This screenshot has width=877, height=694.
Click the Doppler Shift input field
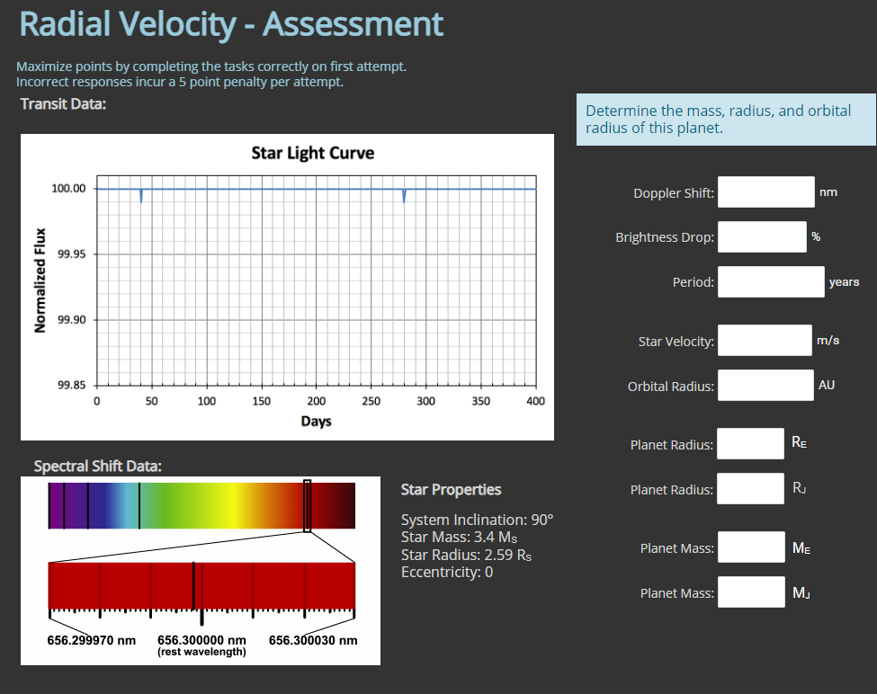pyautogui.click(x=765, y=192)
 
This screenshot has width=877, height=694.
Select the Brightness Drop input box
pyautogui.click(x=762, y=237)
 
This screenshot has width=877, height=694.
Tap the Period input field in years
pyautogui.click(x=771, y=281)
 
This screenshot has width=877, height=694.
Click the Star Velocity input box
pyautogui.click(x=765, y=341)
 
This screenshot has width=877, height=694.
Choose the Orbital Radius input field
pyautogui.click(x=765, y=386)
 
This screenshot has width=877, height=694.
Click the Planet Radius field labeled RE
pyautogui.click(x=750, y=443)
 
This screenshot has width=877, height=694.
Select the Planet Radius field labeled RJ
pyautogui.click(x=750, y=489)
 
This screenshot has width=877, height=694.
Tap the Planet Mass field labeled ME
pyautogui.click(x=750, y=547)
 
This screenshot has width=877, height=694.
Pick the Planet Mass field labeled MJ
pyautogui.click(x=750, y=592)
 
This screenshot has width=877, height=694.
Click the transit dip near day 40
pyautogui.click(x=141, y=196)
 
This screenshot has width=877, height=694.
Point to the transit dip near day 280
pyautogui.click(x=404, y=196)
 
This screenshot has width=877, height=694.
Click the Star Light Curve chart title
pyautogui.click(x=312, y=153)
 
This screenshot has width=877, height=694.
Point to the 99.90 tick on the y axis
pyautogui.click(x=71, y=320)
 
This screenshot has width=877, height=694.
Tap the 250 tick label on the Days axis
pyautogui.click(x=371, y=401)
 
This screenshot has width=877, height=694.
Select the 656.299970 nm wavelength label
pyautogui.click(x=91, y=641)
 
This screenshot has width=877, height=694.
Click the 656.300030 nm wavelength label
pyautogui.click(x=313, y=641)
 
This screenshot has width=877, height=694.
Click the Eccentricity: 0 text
pyautogui.click(x=446, y=573)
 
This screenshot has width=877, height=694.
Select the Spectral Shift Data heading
pyautogui.click(x=97, y=467)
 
